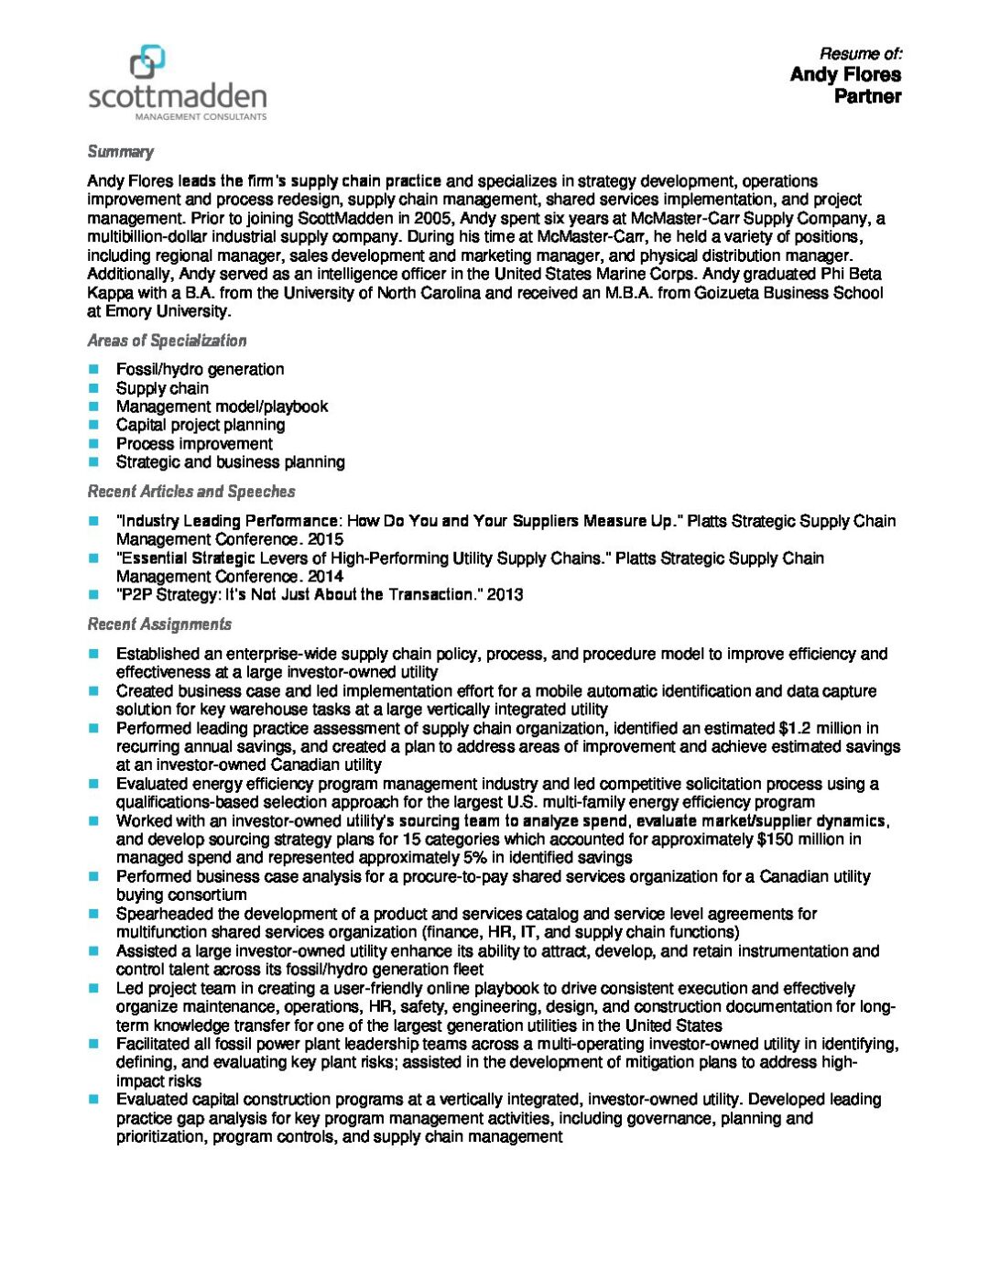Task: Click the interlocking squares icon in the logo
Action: coord(147,62)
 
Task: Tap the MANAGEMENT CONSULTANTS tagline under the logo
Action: coord(201,117)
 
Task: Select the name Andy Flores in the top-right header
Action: coord(845,74)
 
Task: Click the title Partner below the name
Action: coord(867,96)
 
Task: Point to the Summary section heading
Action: coord(120,152)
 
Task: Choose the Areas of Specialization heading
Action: coord(167,341)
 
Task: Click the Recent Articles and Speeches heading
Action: coord(191,492)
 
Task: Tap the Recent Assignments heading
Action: coord(159,624)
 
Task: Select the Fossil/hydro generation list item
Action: coord(200,369)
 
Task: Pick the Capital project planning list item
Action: coord(200,425)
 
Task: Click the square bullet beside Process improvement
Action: coord(93,443)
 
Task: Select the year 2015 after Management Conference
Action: coord(325,539)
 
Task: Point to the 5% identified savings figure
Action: coord(474,858)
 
